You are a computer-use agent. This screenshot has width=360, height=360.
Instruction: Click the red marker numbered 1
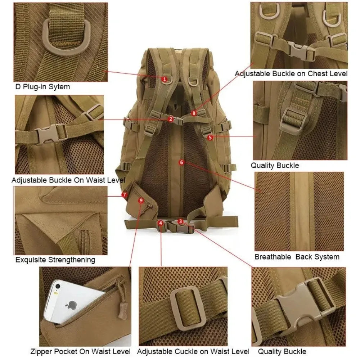[164, 78]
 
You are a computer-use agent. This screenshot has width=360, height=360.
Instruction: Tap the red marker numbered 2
[171, 119]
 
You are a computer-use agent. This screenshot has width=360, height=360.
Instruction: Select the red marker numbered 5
[210, 137]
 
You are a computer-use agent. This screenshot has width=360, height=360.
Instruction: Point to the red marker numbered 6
[181, 162]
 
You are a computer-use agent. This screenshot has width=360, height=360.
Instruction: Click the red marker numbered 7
[125, 195]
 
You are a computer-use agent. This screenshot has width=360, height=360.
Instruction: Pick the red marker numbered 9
[141, 200]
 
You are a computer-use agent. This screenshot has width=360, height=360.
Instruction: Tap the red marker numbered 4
[161, 223]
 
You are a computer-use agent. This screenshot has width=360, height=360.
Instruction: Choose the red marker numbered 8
[194, 113]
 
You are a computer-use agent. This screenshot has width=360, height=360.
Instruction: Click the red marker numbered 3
[181, 222]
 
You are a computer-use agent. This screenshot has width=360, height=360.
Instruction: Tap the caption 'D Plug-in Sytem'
[42, 87]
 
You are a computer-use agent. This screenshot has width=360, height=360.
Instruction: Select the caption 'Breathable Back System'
[297, 257]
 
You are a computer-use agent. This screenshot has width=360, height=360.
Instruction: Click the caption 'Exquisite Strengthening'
[55, 260]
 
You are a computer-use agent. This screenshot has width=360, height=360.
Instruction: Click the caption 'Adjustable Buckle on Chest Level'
[291, 74]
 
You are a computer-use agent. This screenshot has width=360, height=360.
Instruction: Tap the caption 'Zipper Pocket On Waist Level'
[80, 351]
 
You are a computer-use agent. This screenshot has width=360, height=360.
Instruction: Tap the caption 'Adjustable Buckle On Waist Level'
[68, 180]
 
